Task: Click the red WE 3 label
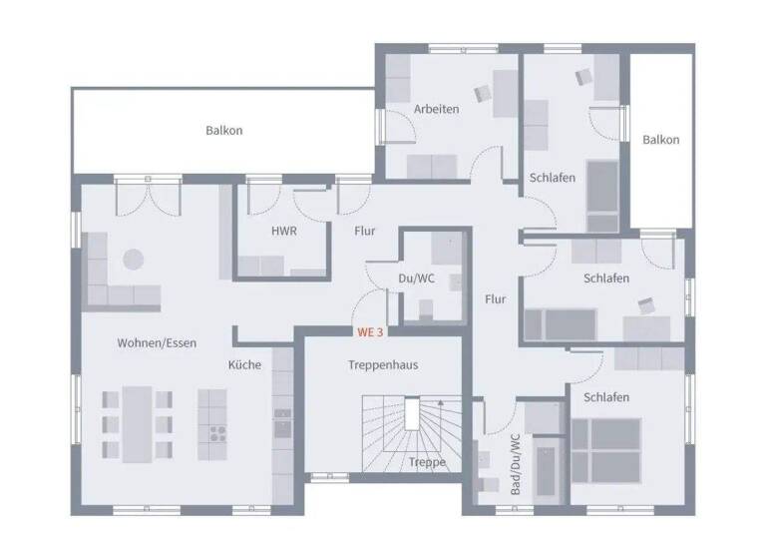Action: click(x=371, y=330)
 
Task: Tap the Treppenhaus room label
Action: click(x=383, y=365)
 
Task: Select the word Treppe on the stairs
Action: click(x=427, y=462)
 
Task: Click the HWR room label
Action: click(x=284, y=231)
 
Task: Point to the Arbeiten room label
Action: click(x=436, y=109)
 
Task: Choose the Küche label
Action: click(x=244, y=365)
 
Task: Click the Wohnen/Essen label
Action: click(x=157, y=343)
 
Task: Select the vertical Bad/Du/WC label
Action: click(x=515, y=464)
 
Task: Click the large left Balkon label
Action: click(x=224, y=131)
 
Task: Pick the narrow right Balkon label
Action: click(x=660, y=141)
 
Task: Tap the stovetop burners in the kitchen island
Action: click(x=216, y=433)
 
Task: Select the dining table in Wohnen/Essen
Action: click(x=138, y=421)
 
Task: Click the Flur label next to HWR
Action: click(x=365, y=232)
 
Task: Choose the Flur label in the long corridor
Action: click(x=496, y=299)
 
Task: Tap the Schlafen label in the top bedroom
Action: click(x=552, y=178)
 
